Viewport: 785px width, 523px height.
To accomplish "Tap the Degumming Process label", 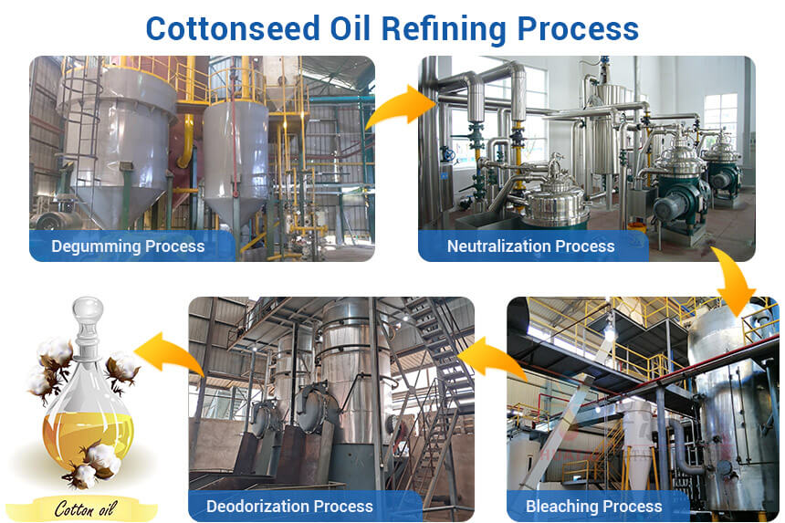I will [x=128, y=246].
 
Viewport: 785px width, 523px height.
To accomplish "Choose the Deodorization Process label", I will [x=289, y=506].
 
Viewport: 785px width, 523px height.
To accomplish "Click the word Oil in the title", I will [x=343, y=27].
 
